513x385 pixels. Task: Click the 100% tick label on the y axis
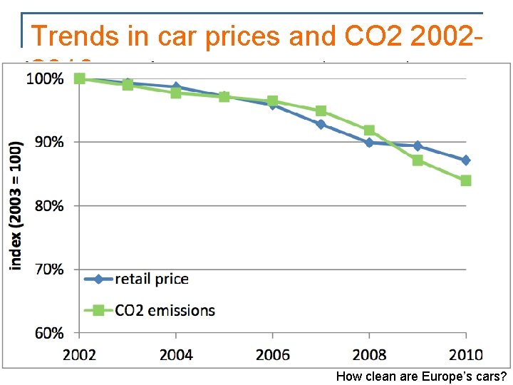click(x=45, y=78)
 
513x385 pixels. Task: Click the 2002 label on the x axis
click(x=79, y=354)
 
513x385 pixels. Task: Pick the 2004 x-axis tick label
click(x=175, y=354)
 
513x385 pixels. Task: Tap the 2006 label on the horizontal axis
click(x=272, y=354)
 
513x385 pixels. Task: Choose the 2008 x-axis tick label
click(x=369, y=354)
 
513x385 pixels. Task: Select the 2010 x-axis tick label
click(x=465, y=354)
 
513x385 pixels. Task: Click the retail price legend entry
click(x=151, y=279)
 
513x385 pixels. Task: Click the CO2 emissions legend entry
click(x=165, y=310)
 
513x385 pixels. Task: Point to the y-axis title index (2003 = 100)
click(x=16, y=205)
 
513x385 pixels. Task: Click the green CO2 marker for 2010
click(x=466, y=180)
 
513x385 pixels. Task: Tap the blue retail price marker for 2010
click(x=466, y=160)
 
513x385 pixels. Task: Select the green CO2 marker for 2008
click(x=369, y=130)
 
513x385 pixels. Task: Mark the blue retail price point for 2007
click(x=321, y=124)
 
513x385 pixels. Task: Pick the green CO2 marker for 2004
click(x=176, y=93)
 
